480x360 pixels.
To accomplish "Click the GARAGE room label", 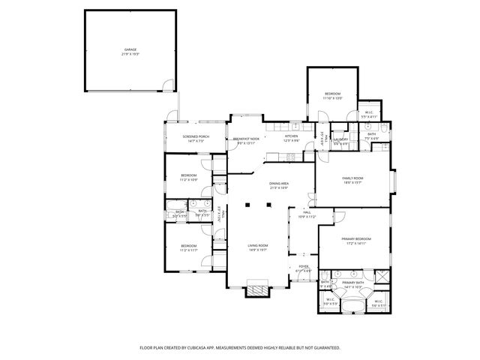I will [131, 49].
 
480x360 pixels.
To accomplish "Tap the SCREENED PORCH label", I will [196, 136].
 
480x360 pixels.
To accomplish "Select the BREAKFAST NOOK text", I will [246, 139].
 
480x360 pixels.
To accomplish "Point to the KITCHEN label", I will [292, 136].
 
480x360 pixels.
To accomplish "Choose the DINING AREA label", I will [280, 183].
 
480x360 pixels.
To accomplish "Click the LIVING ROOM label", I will [258, 246].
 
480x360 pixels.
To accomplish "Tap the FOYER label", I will [304, 266].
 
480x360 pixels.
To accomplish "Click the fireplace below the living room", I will [258, 291].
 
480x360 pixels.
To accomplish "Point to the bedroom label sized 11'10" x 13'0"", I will [332, 94].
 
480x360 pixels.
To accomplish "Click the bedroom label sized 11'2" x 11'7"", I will [188, 246].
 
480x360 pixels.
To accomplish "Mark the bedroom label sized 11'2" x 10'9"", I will [188, 176].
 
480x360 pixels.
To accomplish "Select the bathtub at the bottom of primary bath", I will [352, 303].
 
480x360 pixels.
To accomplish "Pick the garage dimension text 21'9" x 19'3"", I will [131, 55].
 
